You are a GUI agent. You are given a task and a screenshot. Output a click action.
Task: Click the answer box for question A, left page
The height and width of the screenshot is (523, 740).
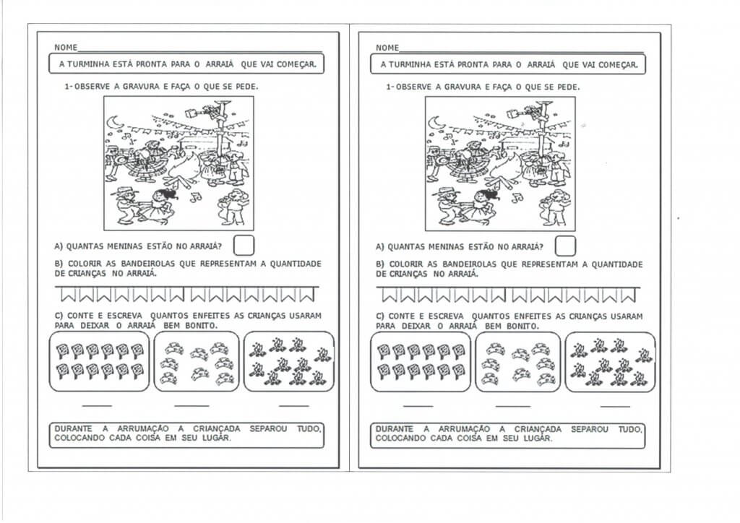245,246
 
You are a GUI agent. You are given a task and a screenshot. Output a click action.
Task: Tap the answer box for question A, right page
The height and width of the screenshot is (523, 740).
566,246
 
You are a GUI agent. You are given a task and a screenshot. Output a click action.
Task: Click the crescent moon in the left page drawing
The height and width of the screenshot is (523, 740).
113,126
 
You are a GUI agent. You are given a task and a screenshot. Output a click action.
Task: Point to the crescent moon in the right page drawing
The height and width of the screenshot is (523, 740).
435,125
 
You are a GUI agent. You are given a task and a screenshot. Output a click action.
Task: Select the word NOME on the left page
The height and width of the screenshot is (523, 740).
65,48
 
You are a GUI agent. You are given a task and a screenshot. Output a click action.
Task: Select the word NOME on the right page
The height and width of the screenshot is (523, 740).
387,48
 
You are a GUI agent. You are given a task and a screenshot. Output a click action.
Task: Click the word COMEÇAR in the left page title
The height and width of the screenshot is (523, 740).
296,64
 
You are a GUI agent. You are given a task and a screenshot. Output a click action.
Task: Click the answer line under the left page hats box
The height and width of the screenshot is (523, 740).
191,405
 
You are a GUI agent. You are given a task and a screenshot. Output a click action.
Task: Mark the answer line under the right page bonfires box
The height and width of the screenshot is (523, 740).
615,406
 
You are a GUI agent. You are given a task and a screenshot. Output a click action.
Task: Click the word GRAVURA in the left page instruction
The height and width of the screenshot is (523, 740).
129,87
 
